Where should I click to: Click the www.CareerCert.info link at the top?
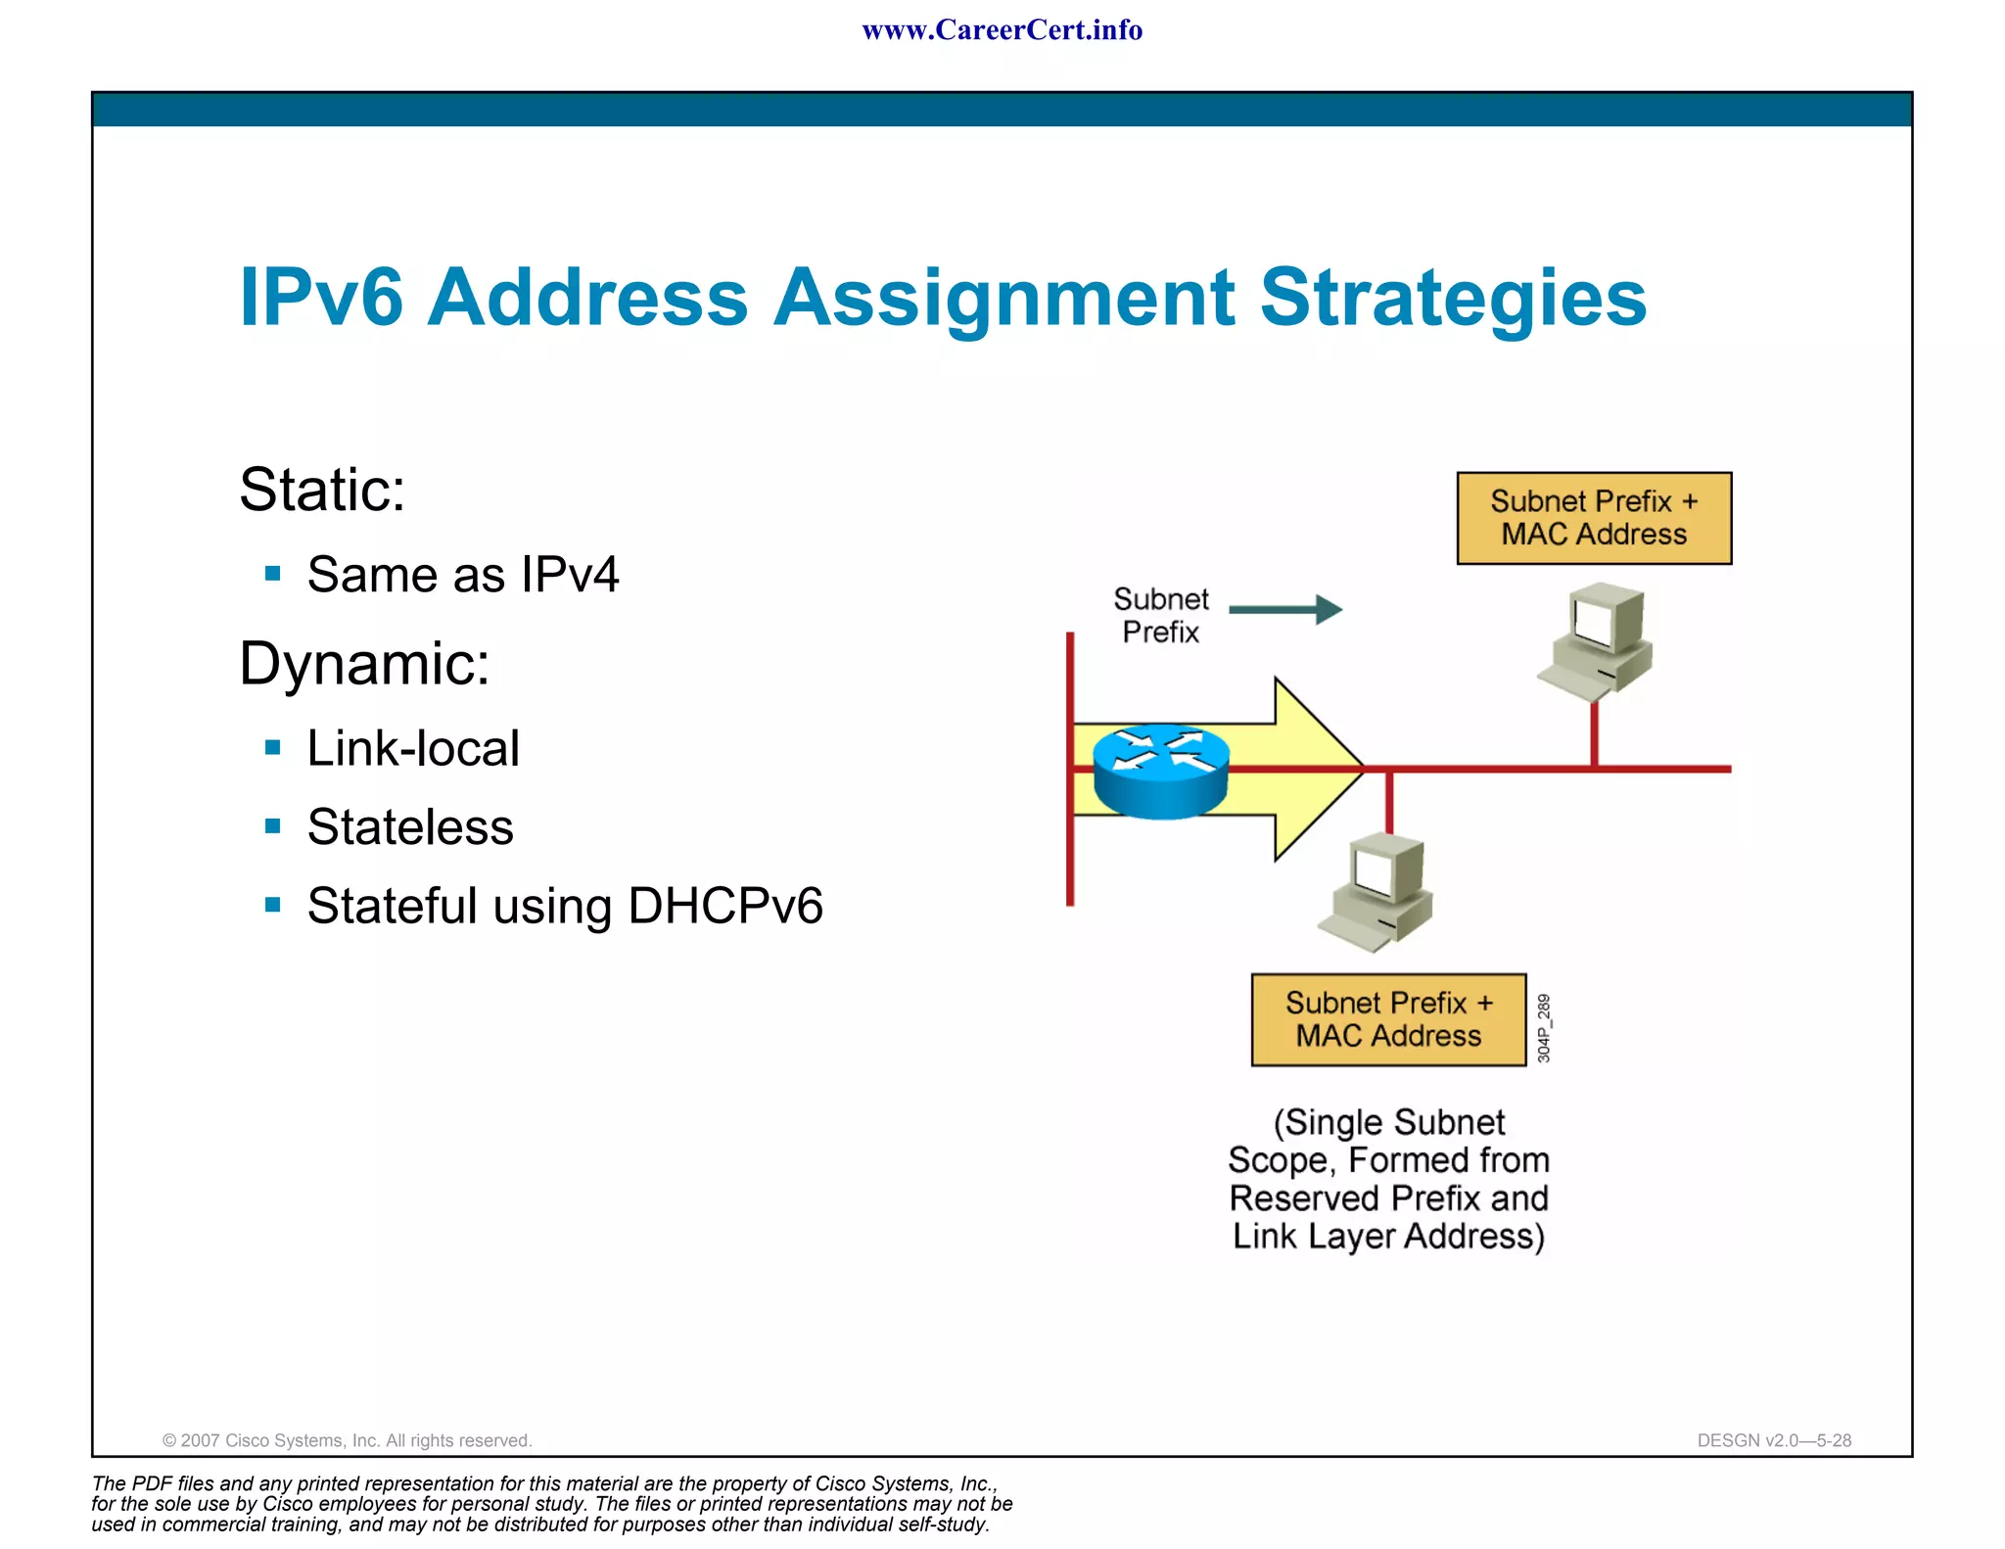tap(1002, 30)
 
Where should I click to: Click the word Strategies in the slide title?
tap(1453, 298)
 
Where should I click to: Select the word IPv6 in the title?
tap(321, 298)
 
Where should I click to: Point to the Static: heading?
tap(322, 490)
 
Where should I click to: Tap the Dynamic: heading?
tap(364, 664)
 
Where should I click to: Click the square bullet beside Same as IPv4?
tap(273, 574)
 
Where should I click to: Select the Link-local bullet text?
tap(413, 749)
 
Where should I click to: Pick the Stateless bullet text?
tap(410, 827)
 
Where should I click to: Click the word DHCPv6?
tap(725, 906)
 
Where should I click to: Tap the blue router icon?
tap(1160, 771)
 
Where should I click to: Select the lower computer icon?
tap(1377, 891)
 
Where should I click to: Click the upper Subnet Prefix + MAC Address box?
tap(1594, 518)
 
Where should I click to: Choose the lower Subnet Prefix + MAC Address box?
tap(1388, 1019)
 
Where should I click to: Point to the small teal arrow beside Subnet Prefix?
tap(1285, 609)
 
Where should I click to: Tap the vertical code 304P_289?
tap(1544, 1028)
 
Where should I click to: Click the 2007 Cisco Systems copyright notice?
tap(347, 1440)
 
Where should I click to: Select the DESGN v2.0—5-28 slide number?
tap(1774, 1440)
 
